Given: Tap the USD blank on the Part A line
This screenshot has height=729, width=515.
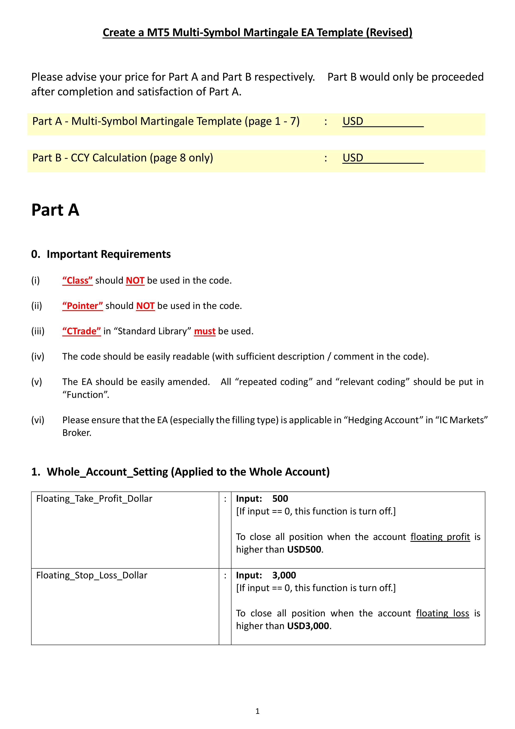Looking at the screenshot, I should [383, 121].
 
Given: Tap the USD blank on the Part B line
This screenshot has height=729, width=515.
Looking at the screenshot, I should [383, 158].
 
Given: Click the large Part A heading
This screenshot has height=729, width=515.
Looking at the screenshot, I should [55, 210].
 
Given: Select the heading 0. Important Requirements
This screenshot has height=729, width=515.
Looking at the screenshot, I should [101, 254].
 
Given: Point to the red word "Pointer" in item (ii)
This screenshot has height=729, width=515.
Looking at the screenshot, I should [82, 306].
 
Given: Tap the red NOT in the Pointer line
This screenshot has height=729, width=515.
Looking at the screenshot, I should [145, 306].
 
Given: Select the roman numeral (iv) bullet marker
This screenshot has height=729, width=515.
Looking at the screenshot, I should [38, 357].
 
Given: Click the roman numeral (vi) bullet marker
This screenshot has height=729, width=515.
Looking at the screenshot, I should [38, 420].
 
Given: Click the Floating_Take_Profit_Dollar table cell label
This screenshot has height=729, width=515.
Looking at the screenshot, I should [94, 499].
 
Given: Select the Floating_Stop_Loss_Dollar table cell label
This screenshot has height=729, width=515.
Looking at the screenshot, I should [92, 575].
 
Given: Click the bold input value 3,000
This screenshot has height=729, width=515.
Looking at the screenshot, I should [284, 575].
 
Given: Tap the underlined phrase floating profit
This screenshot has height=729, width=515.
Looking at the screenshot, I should [440, 537].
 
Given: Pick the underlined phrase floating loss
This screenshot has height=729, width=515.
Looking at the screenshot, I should [442, 613].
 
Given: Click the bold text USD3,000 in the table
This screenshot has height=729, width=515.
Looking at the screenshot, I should [308, 626].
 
